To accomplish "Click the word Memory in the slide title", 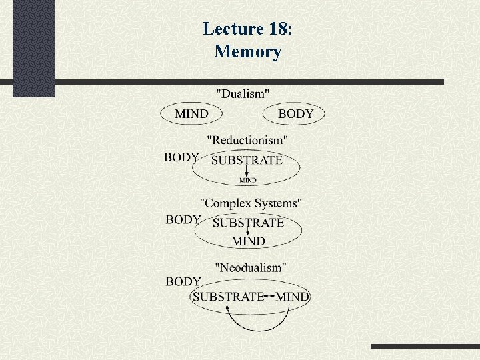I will (x=248, y=51).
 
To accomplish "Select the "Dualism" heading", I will (x=243, y=94).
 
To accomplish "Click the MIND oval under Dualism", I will (x=191, y=114).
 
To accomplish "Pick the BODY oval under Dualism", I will (x=295, y=114).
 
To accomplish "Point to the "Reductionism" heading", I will (x=247, y=140).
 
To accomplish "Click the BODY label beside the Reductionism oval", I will (x=181, y=158).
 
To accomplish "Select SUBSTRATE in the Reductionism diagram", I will (x=247, y=161).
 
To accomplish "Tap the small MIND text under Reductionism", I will (x=248, y=180).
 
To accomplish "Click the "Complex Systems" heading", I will (x=251, y=202).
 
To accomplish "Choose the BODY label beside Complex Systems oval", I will (x=183, y=220).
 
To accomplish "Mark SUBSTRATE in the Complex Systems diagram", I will (x=248, y=223).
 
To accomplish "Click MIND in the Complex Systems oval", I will (x=248, y=241).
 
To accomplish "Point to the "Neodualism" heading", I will (x=251, y=267).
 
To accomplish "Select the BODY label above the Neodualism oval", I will (x=183, y=282).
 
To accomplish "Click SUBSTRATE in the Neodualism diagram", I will (x=228, y=297).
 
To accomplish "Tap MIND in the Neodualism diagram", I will (x=292, y=297).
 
